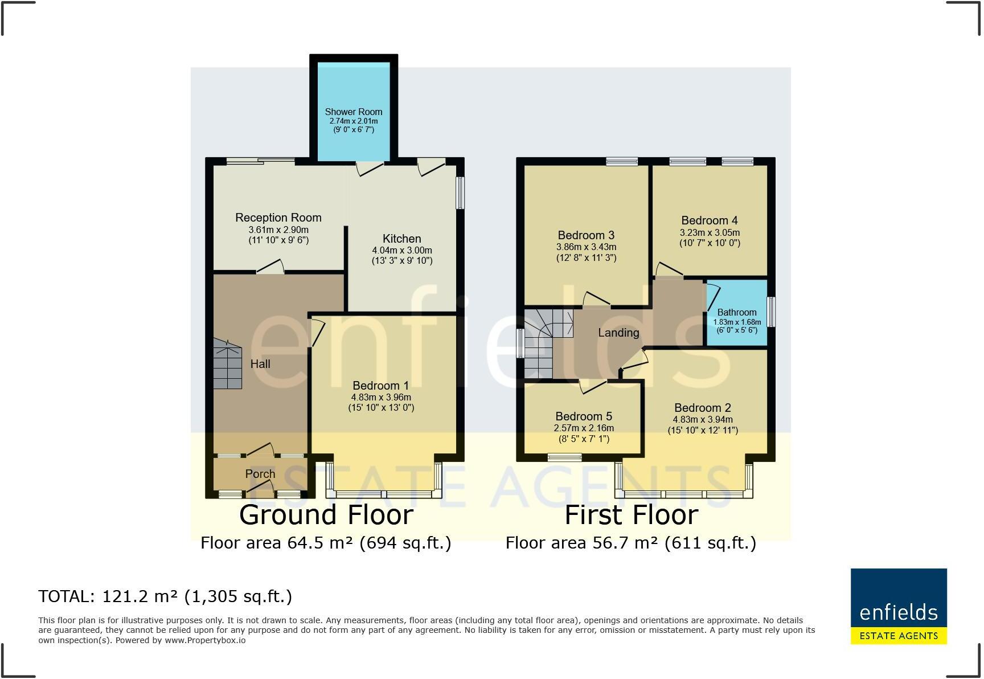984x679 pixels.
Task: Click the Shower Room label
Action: pos(353,112)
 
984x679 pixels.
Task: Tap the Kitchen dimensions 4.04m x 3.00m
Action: pos(401,250)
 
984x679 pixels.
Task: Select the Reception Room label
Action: pos(278,218)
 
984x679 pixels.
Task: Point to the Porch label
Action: pos(260,474)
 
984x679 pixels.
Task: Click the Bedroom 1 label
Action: pos(380,386)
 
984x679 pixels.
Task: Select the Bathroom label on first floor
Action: pos(736,312)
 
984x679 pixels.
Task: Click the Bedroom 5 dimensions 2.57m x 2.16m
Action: pos(584,428)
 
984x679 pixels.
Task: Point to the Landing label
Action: pos(618,333)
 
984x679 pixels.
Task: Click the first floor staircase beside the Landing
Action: pos(541,342)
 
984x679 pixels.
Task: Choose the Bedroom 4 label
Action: pos(709,220)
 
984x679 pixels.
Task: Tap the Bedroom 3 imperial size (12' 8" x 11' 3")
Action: pos(586,257)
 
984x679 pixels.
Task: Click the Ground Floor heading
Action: pos(326,515)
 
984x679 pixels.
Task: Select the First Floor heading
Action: pos(631,515)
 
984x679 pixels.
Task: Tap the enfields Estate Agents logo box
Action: pos(898,606)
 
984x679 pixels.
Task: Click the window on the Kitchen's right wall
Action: pos(460,193)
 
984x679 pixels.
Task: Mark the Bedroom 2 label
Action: pos(702,408)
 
